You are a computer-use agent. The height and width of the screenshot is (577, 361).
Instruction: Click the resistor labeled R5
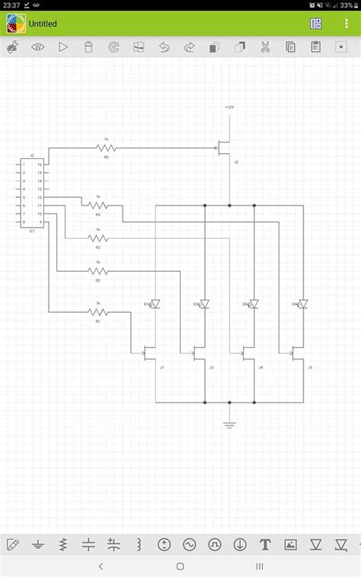pos(107,147)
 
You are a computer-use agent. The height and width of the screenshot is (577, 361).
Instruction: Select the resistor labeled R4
pos(97,205)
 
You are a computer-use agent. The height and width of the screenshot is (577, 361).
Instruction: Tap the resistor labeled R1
pos(97,311)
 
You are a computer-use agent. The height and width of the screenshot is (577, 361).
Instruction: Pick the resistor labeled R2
pos(97,271)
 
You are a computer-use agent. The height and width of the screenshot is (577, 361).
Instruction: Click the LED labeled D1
pos(155,304)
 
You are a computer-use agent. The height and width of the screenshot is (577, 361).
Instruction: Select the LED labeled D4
pos(302,304)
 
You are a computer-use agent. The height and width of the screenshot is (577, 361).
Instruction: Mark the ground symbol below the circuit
pos(229,423)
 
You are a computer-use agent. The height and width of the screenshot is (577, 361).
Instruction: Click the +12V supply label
pos(229,108)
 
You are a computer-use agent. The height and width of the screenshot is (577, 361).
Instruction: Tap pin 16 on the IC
pos(40,164)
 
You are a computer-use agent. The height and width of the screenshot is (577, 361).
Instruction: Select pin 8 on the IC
pos(24,222)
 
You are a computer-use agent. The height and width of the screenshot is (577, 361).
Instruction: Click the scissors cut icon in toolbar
pos(265,47)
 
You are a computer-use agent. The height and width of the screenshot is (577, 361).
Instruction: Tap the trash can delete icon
pos(89,47)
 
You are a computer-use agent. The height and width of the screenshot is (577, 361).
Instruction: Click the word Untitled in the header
pos(43,24)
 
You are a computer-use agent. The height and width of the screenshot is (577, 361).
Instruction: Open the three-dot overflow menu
pos(347,24)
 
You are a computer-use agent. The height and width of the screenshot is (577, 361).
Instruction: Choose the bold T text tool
pos(265,544)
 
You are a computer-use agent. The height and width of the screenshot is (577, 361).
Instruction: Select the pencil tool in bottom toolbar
pos(13,544)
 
